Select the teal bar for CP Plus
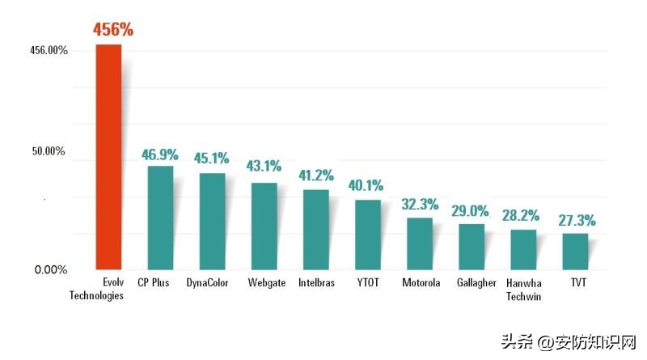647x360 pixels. click(x=160, y=217)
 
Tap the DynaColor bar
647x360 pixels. click(x=212, y=220)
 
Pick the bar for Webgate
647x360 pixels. click(x=264, y=225)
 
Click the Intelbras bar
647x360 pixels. click(x=315, y=229)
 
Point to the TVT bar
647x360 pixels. click(x=575, y=251)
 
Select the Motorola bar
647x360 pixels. click(x=420, y=243)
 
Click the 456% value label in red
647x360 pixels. click(x=112, y=30)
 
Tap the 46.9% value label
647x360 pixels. click(x=160, y=154)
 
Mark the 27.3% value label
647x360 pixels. click(x=577, y=220)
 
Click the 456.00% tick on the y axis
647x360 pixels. click(x=49, y=51)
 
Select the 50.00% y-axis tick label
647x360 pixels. click(x=49, y=152)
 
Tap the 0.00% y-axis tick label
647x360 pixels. click(x=51, y=269)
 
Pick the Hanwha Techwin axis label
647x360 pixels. click(x=523, y=290)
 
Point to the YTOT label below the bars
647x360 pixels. click(x=368, y=283)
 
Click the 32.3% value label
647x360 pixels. click(x=420, y=204)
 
